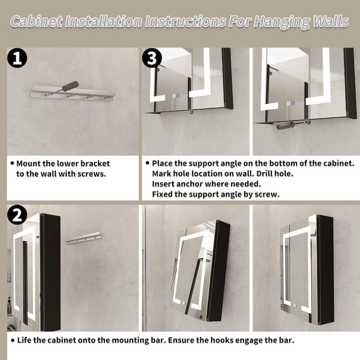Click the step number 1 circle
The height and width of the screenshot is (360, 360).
[x=17, y=58]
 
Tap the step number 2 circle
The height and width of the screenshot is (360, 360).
[x=17, y=215]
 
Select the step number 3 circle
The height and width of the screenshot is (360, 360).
[x=152, y=58]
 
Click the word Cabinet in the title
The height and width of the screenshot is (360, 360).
[x=36, y=22]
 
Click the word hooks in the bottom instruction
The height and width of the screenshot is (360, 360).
[x=220, y=340]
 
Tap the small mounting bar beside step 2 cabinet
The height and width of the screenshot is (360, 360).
[x=83, y=238]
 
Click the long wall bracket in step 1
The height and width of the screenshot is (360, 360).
[x=73, y=92]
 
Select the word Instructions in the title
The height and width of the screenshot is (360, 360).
[x=185, y=22]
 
